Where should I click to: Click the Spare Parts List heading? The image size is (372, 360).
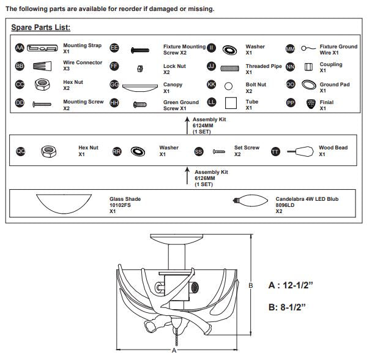41,28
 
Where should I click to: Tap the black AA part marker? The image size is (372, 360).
20,48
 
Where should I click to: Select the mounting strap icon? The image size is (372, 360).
42,48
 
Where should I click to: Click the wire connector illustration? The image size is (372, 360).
42,66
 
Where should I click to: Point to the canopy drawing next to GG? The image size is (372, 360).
140,88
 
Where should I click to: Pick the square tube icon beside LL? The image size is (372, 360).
231,103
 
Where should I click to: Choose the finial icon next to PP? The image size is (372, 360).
311,103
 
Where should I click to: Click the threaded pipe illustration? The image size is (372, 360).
229,69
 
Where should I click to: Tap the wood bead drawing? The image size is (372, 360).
300,151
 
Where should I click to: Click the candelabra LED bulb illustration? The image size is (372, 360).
250,201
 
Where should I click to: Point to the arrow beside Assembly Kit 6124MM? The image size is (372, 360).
187,126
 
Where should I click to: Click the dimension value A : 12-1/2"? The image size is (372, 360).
291,285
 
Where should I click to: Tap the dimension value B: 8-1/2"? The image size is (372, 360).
287,307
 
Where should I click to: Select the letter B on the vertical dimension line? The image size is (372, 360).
250,285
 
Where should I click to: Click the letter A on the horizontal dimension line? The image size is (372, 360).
174,350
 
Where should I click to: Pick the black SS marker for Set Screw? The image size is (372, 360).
199,151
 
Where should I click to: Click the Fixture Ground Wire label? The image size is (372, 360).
338,50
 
